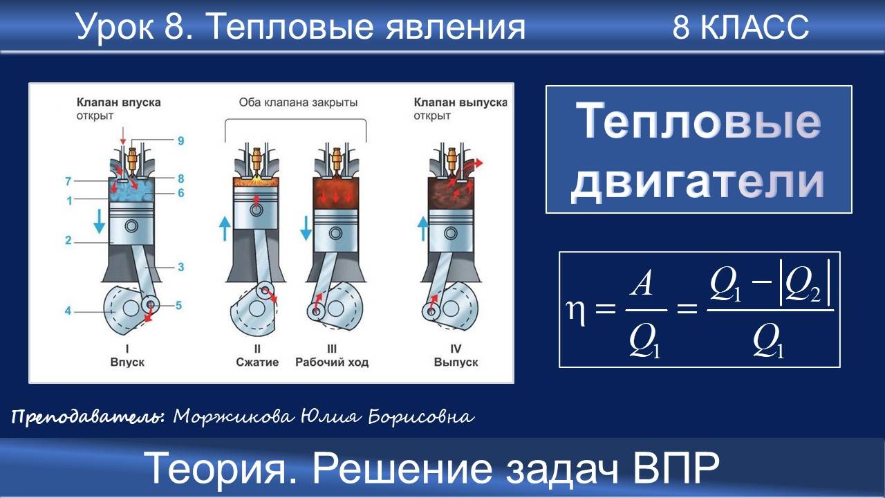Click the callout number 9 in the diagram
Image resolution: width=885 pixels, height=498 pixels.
point(180,141)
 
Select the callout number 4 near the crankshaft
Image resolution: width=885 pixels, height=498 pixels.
point(68,311)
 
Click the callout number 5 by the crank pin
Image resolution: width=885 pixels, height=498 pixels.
point(178,304)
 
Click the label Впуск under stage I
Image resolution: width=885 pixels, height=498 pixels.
point(128,362)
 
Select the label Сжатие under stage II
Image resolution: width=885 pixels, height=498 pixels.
point(257,362)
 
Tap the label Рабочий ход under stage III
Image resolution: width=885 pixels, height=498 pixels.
point(332,362)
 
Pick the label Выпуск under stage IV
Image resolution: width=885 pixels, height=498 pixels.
point(456,362)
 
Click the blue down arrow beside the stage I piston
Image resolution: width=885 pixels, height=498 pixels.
point(100,220)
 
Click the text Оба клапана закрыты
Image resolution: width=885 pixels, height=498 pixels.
point(298,103)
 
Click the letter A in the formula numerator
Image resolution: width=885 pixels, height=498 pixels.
point(642,284)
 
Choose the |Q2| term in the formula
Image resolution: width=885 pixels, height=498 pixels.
point(804,284)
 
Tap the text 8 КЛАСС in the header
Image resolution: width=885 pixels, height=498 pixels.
point(740,28)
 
